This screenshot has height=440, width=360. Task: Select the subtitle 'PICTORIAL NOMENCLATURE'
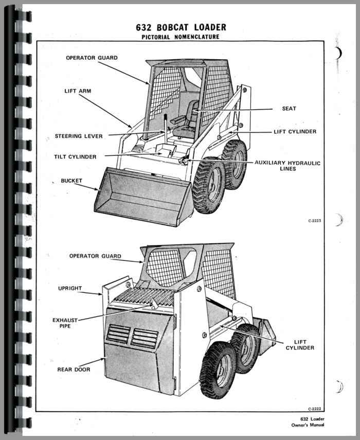point(180,37)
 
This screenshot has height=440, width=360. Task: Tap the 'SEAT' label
point(289,109)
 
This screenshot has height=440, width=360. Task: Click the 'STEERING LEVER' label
point(79,136)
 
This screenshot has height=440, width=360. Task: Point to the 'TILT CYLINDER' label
point(75,156)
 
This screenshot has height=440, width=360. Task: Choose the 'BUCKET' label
point(71,181)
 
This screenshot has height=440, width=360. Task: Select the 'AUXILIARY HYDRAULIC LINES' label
point(287,166)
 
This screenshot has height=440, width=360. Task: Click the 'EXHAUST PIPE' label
point(65,323)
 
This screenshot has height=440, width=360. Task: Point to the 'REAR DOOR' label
point(74,369)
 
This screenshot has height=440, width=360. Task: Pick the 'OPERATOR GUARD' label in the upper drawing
point(92,58)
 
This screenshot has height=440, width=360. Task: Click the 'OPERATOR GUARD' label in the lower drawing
point(95,256)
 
